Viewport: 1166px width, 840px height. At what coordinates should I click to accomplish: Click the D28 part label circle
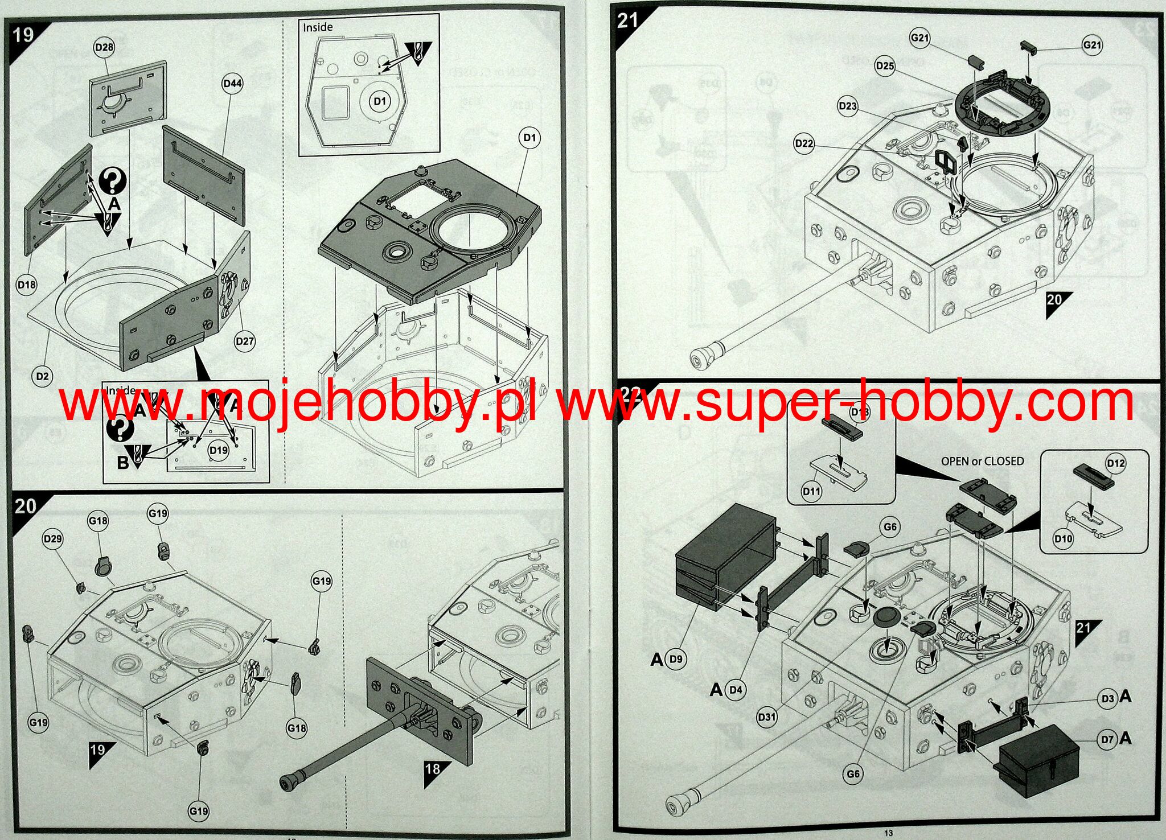coord(104,48)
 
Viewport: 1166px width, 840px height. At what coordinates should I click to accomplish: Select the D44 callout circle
coord(232,84)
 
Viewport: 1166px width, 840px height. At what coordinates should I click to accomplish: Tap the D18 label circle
coord(27,285)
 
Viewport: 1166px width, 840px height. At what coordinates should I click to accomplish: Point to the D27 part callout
coord(245,341)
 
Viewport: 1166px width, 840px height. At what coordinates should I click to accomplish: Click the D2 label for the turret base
coord(42,376)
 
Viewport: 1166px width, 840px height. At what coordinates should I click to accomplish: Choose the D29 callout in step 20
coord(53,538)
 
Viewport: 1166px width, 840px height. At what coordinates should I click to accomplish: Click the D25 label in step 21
coord(885,66)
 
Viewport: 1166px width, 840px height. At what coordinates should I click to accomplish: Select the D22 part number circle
coord(804,143)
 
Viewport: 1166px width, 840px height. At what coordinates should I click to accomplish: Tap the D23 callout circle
coord(848,106)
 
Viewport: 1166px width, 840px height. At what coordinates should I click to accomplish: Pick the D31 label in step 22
coord(767,717)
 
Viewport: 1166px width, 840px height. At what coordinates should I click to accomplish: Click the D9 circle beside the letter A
coord(676,659)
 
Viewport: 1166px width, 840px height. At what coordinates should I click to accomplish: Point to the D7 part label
coord(1107,739)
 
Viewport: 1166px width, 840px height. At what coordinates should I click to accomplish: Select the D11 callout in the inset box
coord(811,491)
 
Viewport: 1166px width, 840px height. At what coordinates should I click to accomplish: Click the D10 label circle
coord(1063,538)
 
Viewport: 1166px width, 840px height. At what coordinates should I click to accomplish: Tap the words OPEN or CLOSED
coord(982,461)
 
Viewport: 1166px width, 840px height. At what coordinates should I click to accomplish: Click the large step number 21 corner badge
coord(627,21)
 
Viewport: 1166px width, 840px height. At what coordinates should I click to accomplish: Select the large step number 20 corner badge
coord(25,506)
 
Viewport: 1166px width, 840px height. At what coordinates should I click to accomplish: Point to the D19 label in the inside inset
coord(218,450)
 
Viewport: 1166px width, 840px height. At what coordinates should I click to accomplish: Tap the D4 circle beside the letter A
coord(736,690)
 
